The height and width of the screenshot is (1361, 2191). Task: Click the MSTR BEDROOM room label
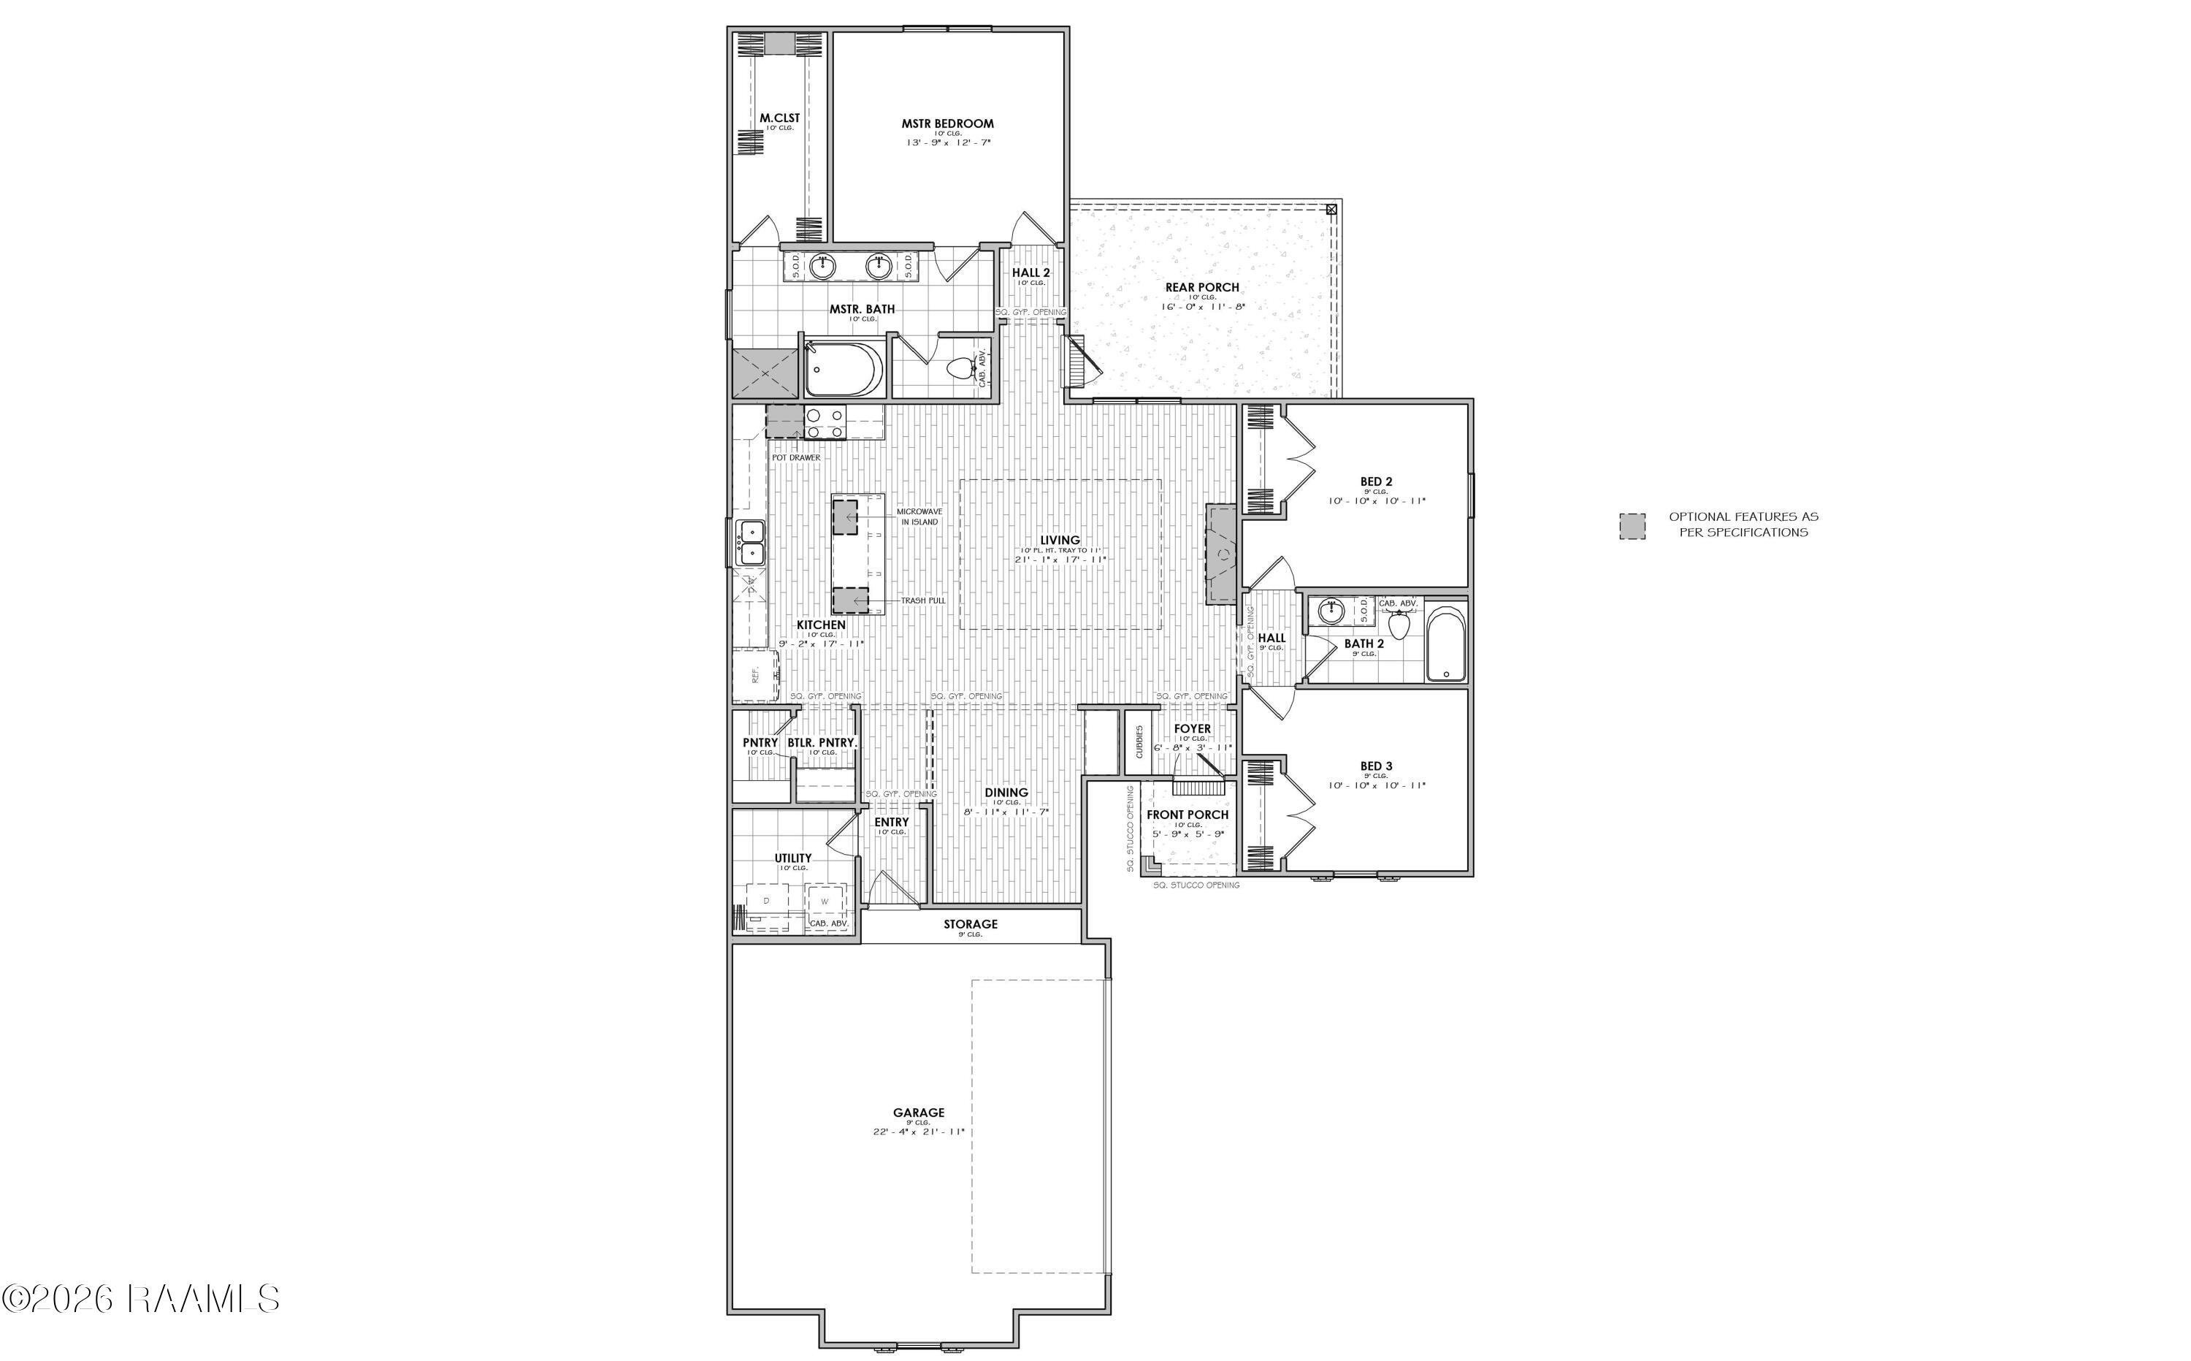coord(947,123)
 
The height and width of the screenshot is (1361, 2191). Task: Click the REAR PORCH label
coord(1202,287)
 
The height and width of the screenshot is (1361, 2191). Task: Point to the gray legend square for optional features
coord(1632,526)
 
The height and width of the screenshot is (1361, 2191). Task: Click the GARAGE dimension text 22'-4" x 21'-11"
coord(919,1132)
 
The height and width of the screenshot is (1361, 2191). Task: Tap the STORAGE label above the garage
coord(970,923)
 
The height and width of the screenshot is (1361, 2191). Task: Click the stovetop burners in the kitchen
coord(825,423)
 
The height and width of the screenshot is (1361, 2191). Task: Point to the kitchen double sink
coord(751,544)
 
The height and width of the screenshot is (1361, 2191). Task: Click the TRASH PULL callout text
coord(923,601)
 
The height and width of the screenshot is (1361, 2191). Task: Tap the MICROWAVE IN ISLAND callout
coord(919,516)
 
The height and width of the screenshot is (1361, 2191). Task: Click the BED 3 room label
coord(1376,766)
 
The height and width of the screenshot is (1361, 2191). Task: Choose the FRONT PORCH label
coord(1187,815)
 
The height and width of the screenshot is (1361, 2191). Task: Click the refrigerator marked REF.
coord(754,675)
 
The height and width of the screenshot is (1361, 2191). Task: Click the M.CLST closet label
coord(779,118)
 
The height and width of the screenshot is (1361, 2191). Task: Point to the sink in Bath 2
coord(1330,612)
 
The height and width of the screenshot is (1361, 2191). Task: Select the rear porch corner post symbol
coord(1331,209)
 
